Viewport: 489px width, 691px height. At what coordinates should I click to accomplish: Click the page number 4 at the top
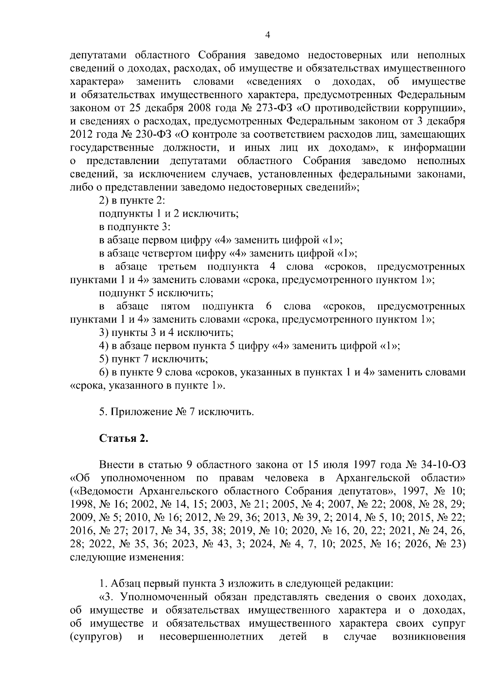pyautogui.click(x=267, y=35)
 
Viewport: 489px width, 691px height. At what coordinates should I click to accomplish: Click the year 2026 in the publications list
pyautogui.click(x=418, y=544)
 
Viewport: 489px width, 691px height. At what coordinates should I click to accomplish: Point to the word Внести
pyautogui.click(x=115, y=465)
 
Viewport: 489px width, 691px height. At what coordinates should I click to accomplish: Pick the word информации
pyautogui.click(x=435, y=147)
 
